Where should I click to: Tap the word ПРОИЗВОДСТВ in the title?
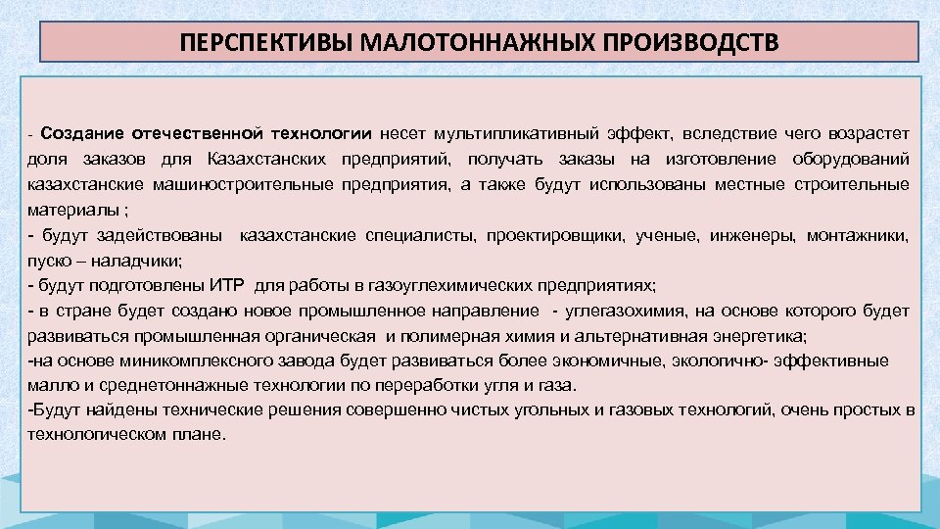click(678, 44)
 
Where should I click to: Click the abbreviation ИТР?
click(229, 286)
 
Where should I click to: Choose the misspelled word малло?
click(48, 387)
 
